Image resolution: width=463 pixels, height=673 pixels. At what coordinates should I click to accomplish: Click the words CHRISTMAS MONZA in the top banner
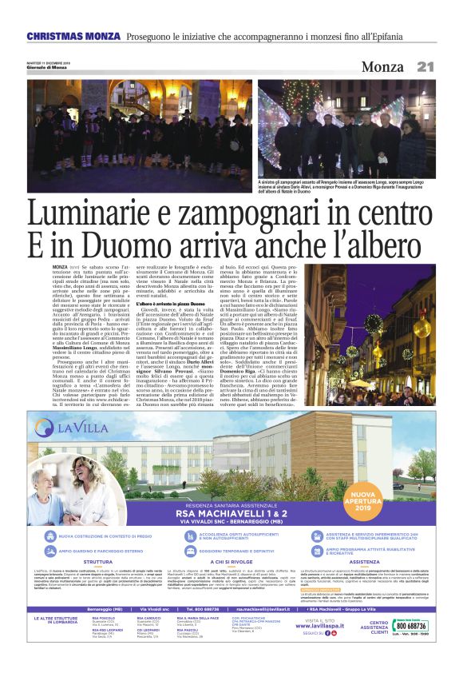tap(73, 37)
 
